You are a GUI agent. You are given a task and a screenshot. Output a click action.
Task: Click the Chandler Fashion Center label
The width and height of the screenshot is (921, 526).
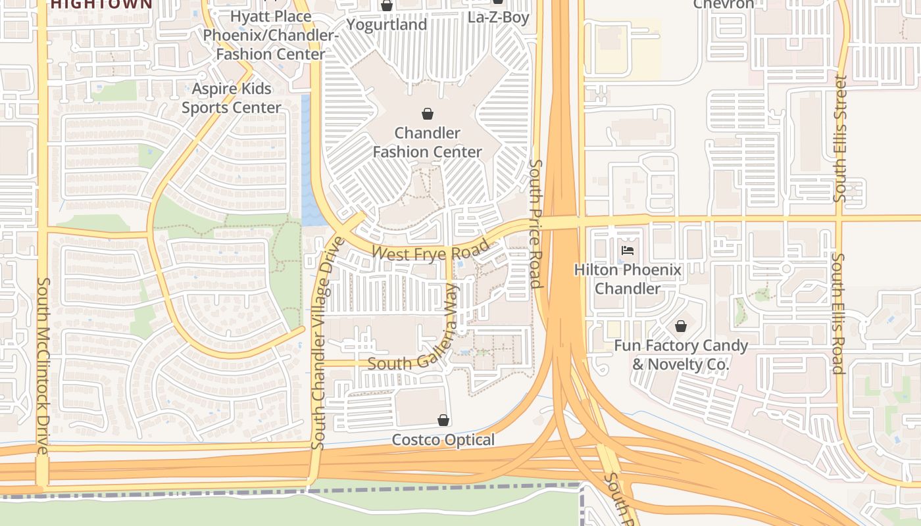[428, 142]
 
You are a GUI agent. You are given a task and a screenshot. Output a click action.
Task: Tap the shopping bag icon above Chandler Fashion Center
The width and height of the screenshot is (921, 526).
[428, 113]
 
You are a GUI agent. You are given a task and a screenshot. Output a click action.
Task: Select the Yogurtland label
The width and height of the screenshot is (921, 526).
[387, 24]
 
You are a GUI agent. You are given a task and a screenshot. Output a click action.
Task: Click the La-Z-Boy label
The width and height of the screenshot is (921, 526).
[498, 17]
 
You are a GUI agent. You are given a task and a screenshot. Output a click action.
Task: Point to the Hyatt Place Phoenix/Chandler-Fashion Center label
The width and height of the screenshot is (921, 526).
[271, 35]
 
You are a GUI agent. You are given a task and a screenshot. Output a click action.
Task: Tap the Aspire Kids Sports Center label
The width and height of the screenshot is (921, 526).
[232, 98]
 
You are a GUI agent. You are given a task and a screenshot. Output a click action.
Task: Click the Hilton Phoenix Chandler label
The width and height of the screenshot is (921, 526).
[628, 279]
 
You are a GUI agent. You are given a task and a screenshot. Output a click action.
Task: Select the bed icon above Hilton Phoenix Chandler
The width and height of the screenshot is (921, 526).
[628, 251]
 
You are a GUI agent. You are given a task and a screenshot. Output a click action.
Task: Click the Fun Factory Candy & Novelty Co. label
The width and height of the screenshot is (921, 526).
[681, 354]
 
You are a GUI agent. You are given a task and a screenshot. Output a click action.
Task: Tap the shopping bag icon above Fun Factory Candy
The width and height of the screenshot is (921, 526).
[681, 326]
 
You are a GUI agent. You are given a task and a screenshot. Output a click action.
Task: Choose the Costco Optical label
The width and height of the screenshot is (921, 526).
[443, 440]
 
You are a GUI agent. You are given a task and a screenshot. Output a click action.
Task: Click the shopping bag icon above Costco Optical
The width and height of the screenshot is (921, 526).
[443, 420]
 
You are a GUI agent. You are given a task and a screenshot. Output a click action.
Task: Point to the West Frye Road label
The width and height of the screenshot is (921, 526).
[431, 251]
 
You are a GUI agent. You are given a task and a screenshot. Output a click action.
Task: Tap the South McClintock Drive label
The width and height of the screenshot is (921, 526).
[43, 366]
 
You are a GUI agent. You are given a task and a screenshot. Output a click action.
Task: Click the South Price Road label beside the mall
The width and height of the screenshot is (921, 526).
[535, 224]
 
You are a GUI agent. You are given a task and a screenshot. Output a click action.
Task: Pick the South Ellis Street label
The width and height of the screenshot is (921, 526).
[840, 138]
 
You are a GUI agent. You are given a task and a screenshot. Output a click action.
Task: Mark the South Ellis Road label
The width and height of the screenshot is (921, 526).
[837, 313]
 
